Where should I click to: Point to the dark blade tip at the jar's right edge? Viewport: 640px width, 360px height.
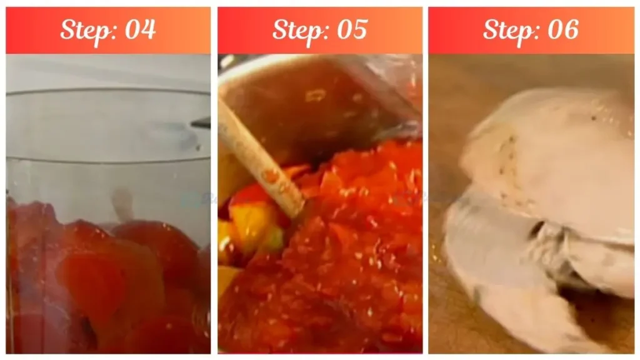click(x=201, y=123)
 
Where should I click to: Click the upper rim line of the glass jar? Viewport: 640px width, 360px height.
click(x=106, y=93)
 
